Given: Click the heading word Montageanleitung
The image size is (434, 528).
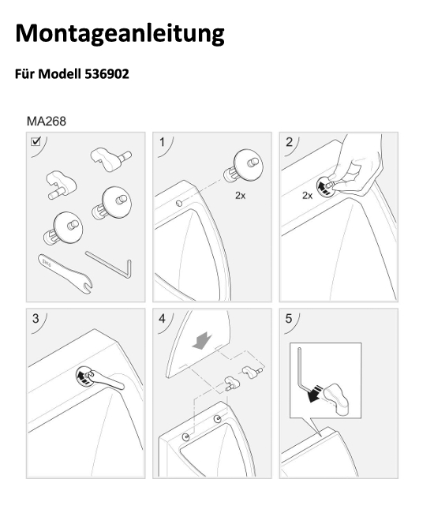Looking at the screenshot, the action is (x=119, y=34).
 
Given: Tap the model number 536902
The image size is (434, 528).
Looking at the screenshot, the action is (x=107, y=73).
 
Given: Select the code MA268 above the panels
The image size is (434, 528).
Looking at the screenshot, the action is (x=46, y=122).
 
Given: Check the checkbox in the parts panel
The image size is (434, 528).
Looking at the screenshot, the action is (x=36, y=141).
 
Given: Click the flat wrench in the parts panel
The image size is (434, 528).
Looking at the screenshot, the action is (x=65, y=273).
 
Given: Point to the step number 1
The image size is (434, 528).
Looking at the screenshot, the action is (x=163, y=142).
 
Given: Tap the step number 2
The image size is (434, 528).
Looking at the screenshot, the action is (x=289, y=142).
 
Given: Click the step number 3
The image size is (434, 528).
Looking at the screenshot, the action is (x=36, y=319).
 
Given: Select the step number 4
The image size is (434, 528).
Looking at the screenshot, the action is (x=163, y=319).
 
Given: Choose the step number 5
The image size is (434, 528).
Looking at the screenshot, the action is (x=289, y=319).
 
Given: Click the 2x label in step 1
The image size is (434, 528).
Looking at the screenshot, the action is (x=240, y=195).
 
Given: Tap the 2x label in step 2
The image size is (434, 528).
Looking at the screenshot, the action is (x=308, y=195).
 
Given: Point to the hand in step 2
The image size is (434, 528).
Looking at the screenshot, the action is (x=357, y=165).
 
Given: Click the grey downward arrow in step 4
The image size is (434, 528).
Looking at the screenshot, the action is (x=202, y=340).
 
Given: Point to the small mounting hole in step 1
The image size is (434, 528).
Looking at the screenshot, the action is (x=179, y=203).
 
